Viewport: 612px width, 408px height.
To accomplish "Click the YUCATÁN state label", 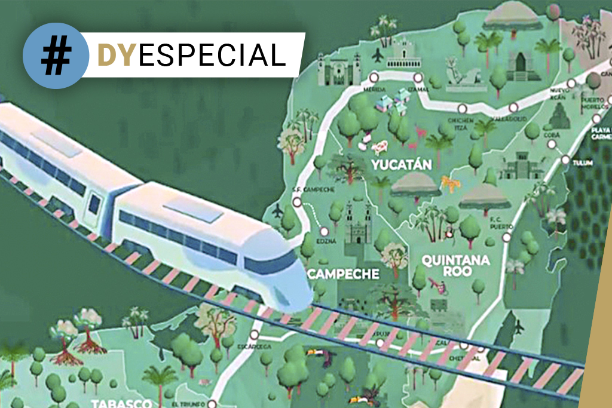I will point(400,164).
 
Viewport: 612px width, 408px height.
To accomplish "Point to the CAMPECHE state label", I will point(343,274).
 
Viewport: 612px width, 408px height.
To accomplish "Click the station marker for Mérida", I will point(374,77).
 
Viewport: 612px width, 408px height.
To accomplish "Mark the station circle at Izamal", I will point(418,77).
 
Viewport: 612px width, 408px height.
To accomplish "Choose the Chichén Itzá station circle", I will point(462,109).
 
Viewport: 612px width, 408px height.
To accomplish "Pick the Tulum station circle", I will point(565,159).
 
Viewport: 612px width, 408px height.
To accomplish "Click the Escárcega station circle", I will point(255,335).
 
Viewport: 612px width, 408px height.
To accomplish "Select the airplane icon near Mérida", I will point(377,56).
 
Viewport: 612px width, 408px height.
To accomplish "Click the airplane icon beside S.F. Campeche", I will point(277,211).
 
